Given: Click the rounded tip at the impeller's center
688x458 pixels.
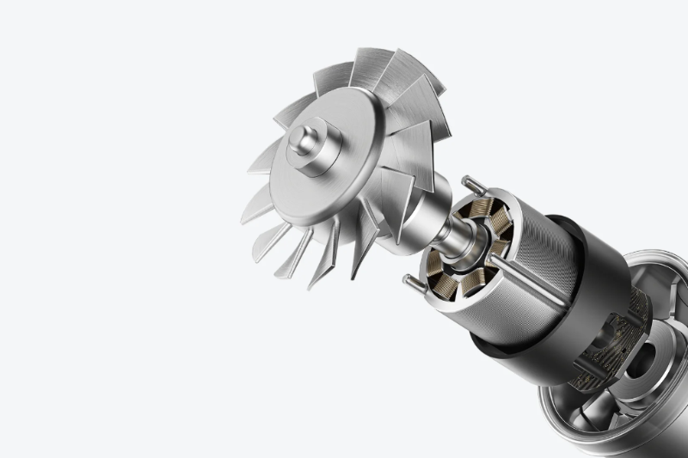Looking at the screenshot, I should coord(303,137).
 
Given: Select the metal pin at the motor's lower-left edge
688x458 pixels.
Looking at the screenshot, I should coord(413,283).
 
